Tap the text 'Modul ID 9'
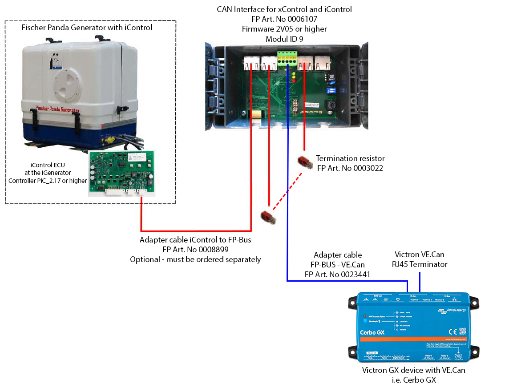point(284,39)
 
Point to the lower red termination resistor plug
point(268,217)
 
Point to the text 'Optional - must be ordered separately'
point(195,259)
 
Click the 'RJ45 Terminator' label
point(420,264)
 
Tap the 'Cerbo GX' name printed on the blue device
point(372,332)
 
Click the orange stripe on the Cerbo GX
point(414,339)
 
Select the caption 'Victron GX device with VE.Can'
point(413,370)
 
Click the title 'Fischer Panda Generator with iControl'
point(87,28)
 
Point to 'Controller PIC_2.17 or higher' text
point(48,181)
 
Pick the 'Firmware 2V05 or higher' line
point(284,29)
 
